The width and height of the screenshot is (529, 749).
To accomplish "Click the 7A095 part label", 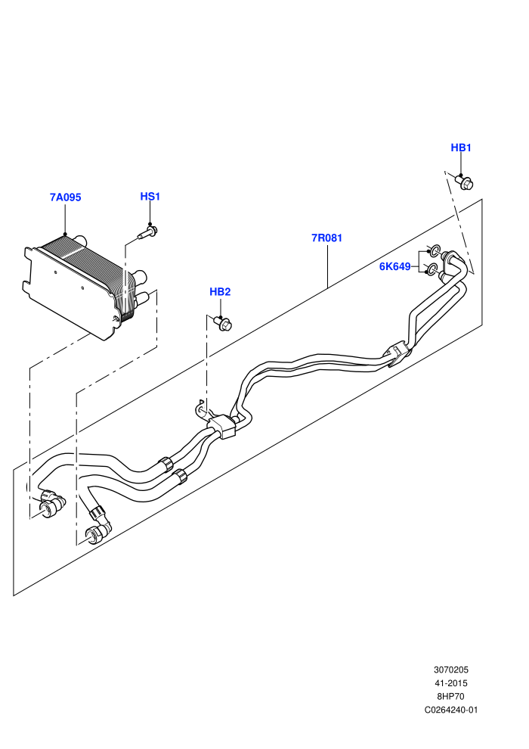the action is (65, 197).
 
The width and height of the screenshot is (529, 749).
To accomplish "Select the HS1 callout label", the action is (150, 196).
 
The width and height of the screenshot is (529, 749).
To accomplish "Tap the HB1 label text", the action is (461, 148).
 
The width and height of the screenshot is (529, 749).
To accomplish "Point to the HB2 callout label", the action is (220, 291).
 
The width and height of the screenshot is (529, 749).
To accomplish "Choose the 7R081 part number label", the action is (326, 238).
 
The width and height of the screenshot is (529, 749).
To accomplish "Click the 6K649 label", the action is (394, 266).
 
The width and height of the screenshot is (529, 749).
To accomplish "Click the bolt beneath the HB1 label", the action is (464, 182).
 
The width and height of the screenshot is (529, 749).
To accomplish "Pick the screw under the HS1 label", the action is (148, 233).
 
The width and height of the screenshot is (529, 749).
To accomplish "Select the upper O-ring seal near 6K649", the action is (434, 250).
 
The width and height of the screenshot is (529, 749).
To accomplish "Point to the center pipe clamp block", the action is (223, 425).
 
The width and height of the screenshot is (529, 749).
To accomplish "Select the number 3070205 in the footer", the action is (450, 670).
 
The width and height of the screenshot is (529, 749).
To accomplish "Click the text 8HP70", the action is (450, 697).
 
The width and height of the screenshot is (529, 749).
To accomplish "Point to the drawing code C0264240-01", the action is (450, 710).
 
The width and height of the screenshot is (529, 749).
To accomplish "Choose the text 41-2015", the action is (450, 683).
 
